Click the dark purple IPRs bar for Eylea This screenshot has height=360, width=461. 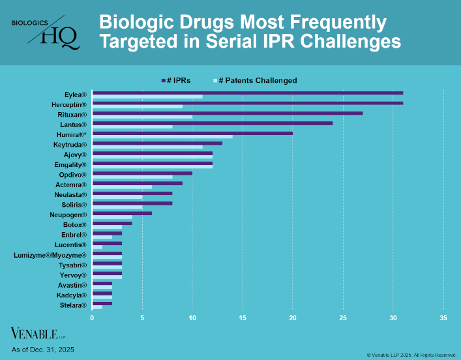click(x=248, y=93)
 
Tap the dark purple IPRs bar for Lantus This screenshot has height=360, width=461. click(x=212, y=123)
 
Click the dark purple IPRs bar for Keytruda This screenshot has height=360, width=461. click(x=157, y=143)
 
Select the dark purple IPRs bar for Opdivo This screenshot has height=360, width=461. click(x=142, y=173)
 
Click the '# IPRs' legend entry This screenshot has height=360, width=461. click(x=176, y=80)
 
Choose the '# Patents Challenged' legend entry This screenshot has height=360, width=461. click(x=254, y=80)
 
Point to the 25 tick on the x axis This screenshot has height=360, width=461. click(x=343, y=318)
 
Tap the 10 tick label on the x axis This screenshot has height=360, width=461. click(x=192, y=318)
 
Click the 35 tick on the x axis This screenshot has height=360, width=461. click(x=443, y=318)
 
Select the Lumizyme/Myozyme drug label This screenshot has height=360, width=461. click(x=50, y=255)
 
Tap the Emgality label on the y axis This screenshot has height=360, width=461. click(x=70, y=164)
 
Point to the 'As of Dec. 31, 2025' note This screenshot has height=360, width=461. click(x=43, y=350)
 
